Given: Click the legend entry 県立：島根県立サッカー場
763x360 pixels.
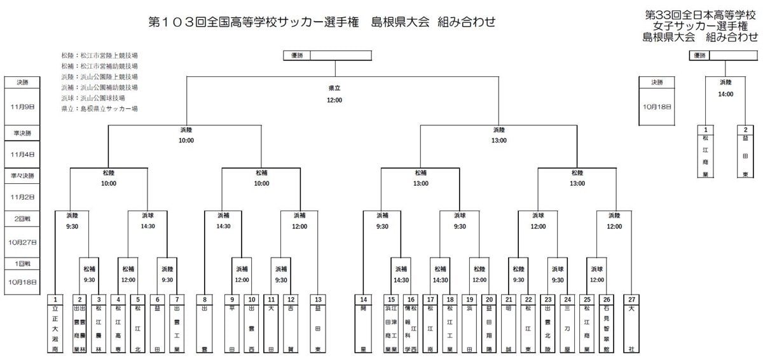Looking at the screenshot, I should click(99, 109).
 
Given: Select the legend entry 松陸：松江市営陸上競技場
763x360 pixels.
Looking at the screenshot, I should click(99, 55).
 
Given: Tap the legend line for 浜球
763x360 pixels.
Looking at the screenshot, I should click(93, 98).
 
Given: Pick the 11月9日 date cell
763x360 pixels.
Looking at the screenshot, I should click(22, 107).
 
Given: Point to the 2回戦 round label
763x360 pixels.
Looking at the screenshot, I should click(22, 218).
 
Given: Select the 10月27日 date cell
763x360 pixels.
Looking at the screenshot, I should click(22, 242).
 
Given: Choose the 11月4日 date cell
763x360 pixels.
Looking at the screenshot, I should click(22, 154).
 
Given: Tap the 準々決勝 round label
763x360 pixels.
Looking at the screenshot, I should click(22, 175).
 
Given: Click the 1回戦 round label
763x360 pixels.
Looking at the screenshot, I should click(22, 263).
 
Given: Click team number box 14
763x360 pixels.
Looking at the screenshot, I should click(364, 299).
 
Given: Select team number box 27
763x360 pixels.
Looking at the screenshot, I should click(631, 299).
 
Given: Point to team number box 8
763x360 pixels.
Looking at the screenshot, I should click(204, 299).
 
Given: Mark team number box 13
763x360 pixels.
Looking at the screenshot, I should click(317, 299).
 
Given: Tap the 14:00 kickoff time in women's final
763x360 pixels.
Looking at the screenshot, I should click(725, 93).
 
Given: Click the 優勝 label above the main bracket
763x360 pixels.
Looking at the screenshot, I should click(296, 55).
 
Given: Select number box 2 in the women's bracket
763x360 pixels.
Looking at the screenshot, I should click(745, 129).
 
